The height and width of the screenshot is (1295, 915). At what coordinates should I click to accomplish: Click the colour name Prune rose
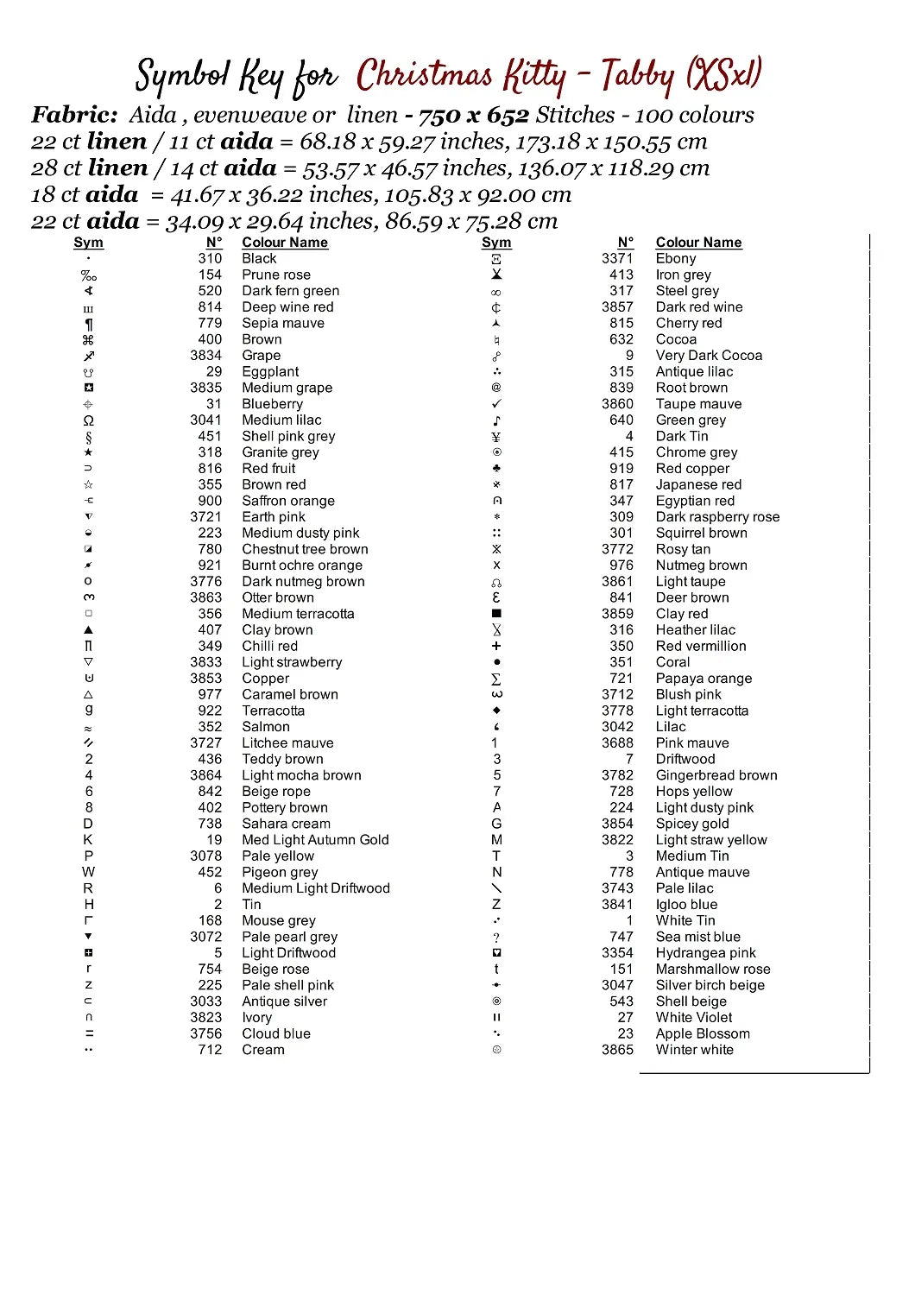click(276, 275)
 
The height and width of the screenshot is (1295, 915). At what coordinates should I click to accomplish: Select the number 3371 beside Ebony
click(617, 258)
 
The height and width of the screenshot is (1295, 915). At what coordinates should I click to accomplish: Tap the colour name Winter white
click(695, 1050)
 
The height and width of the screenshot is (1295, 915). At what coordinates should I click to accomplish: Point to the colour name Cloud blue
click(276, 1033)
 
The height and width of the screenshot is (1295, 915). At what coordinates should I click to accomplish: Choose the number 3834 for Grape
click(206, 355)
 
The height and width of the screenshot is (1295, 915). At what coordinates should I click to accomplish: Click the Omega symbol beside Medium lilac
click(88, 420)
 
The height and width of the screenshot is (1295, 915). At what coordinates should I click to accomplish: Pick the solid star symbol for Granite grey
click(88, 452)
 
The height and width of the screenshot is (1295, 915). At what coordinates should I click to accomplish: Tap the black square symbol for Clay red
click(496, 614)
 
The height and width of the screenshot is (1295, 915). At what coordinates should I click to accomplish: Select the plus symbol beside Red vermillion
click(496, 646)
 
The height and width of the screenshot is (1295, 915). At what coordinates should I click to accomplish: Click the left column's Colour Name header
click(285, 243)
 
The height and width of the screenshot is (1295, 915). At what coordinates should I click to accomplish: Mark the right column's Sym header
click(496, 243)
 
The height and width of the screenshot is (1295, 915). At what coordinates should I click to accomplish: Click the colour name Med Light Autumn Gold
click(315, 840)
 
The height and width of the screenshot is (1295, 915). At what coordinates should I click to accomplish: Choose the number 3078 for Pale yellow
click(206, 856)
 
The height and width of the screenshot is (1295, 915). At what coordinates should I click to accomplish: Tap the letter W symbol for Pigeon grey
click(88, 872)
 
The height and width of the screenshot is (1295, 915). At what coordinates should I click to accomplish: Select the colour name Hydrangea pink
click(706, 953)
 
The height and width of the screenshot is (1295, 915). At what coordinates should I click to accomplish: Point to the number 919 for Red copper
click(622, 468)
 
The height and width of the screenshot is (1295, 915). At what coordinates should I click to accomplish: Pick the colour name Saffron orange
click(288, 501)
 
